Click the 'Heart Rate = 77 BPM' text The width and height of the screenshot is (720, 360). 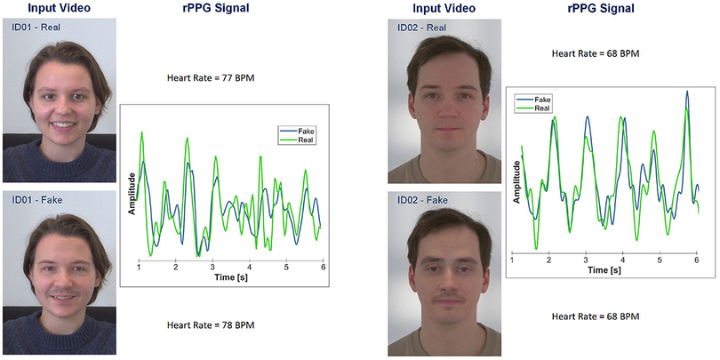211,77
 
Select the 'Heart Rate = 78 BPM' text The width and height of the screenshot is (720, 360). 211,325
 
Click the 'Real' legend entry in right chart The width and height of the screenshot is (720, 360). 539,108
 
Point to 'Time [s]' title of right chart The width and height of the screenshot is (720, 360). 604,271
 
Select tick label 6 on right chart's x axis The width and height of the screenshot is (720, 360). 696,260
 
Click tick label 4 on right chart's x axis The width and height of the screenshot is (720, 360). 622,260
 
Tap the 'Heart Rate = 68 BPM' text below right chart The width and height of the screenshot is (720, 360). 596,316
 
